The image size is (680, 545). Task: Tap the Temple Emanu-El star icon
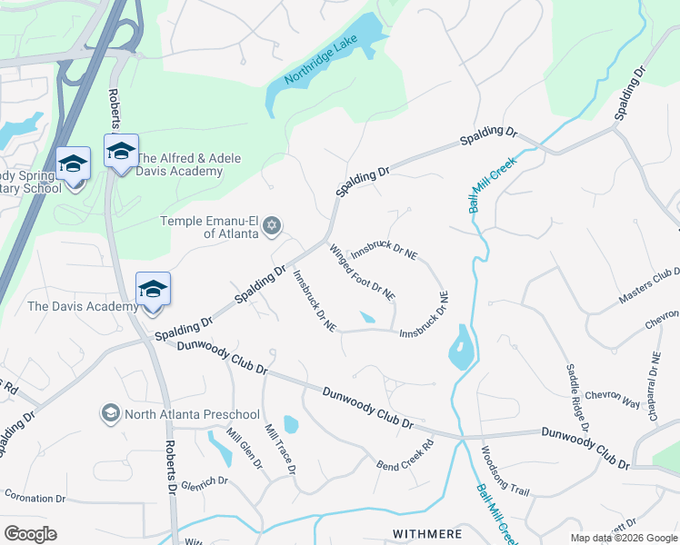tap(272, 226)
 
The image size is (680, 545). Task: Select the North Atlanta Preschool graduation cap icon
tap(111, 413)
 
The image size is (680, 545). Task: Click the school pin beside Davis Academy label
tap(153, 291)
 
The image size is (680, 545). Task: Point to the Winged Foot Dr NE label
tap(362, 272)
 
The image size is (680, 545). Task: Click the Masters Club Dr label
tap(649, 286)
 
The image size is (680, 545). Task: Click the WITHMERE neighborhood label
tap(427, 533)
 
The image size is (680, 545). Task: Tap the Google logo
tap(30, 534)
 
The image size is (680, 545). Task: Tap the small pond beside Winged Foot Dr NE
tap(366, 318)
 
